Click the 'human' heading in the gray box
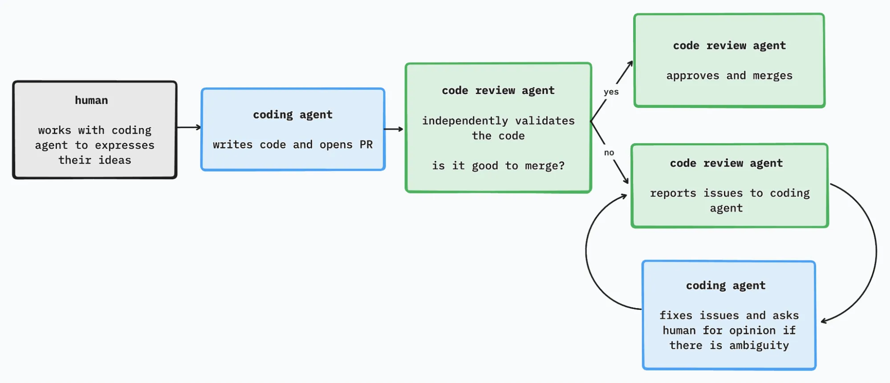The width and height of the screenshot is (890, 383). (x=91, y=100)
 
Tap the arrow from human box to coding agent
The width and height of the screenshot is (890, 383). (x=189, y=128)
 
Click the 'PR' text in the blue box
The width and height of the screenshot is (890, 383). (x=366, y=144)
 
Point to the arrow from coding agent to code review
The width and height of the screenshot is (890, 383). (x=394, y=129)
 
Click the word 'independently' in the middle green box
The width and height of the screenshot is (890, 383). (x=465, y=121)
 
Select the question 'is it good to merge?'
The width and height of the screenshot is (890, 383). (x=498, y=166)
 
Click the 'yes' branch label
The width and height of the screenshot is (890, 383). (x=611, y=92)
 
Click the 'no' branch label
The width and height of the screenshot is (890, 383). (x=609, y=152)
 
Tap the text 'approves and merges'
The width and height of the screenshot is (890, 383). (x=729, y=76)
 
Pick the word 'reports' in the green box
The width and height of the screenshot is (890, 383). (x=673, y=193)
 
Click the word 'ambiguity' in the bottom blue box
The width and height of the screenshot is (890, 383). (x=759, y=346)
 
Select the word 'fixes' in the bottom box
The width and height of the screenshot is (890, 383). (x=675, y=316)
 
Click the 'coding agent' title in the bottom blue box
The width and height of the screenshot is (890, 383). (x=725, y=285)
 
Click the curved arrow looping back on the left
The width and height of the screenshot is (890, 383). (x=586, y=252)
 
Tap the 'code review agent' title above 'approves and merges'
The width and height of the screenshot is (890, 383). (x=729, y=45)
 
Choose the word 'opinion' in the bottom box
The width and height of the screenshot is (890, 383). (x=752, y=330)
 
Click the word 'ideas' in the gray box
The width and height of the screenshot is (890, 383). (x=114, y=160)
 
